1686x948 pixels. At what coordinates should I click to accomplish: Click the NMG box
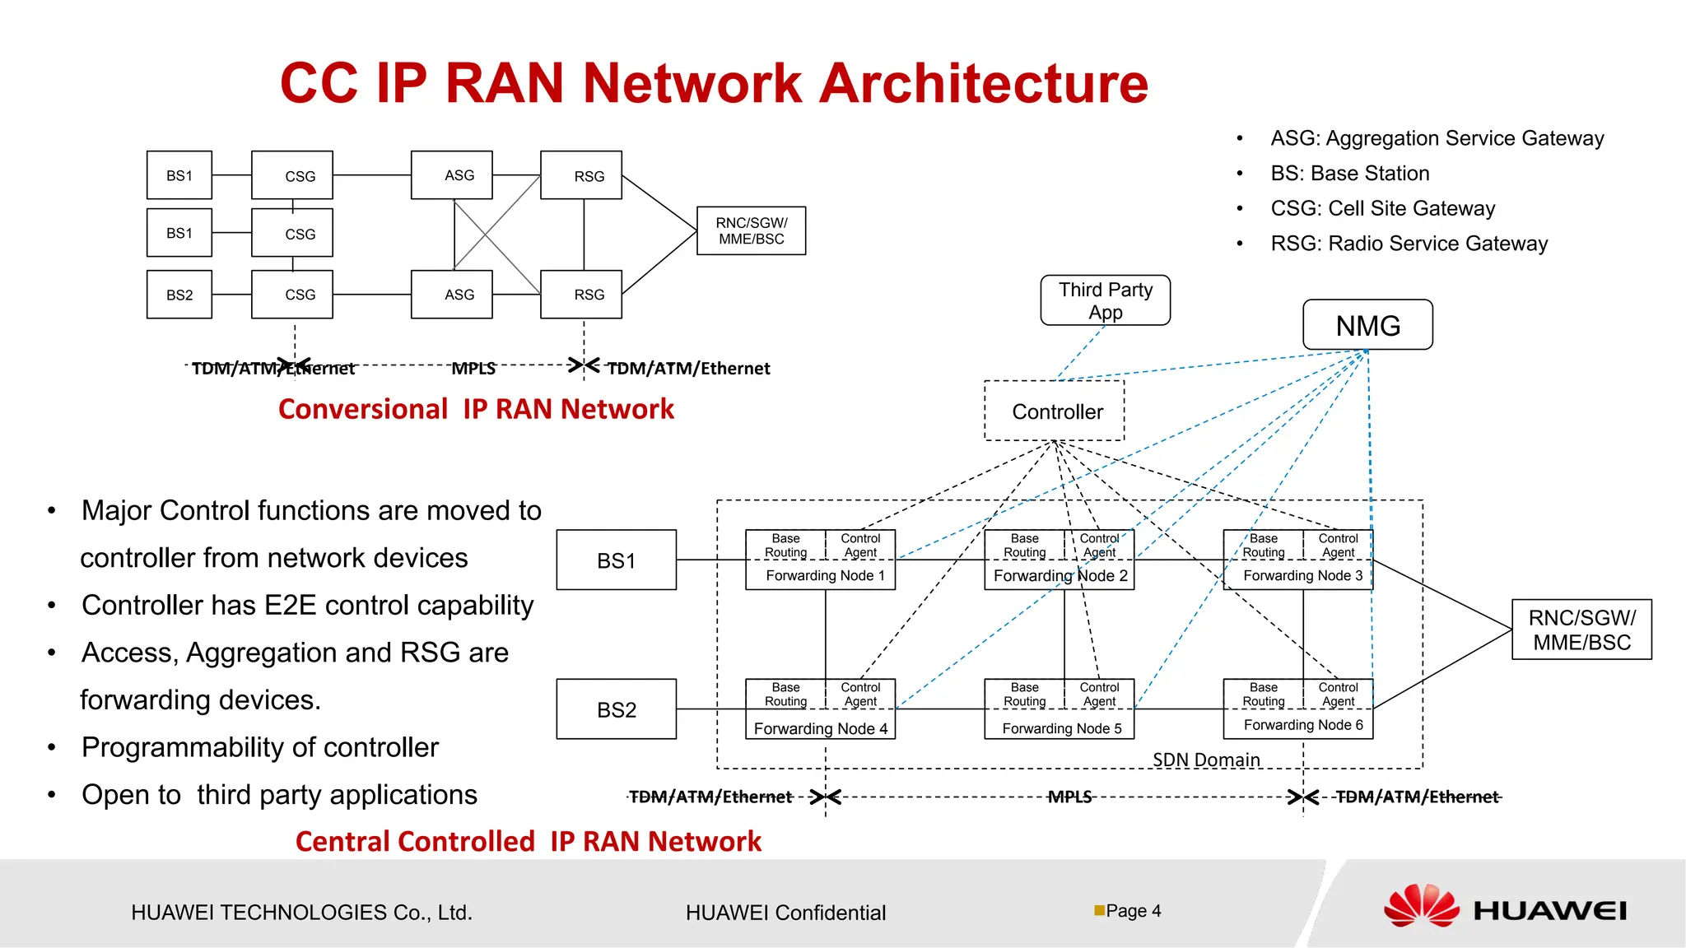(1367, 324)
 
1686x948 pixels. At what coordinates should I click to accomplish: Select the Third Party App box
(1105, 300)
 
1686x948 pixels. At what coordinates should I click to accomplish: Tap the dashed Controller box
(1055, 411)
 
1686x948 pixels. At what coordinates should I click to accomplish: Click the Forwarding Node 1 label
(825, 575)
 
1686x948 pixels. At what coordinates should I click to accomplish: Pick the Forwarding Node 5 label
(1062, 728)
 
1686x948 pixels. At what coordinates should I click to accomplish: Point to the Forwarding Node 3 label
(1303, 575)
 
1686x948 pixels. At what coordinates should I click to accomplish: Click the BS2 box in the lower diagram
(617, 709)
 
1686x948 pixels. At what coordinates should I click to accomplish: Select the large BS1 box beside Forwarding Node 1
(617, 560)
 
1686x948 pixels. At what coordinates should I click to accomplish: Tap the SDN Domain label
(1206, 760)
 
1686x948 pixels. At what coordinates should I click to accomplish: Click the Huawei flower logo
(1422, 906)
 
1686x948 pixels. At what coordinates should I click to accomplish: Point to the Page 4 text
(1134, 911)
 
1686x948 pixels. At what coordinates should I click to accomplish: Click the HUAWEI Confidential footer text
(785, 913)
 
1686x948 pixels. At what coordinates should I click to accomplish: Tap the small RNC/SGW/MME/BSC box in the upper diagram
(752, 230)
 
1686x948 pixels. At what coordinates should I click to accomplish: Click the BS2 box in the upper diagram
(179, 294)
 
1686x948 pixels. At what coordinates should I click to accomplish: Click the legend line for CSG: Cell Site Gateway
(1382, 208)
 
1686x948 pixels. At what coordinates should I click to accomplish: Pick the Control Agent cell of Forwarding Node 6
(1338, 694)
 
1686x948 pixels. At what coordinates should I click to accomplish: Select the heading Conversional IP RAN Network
(476, 409)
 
